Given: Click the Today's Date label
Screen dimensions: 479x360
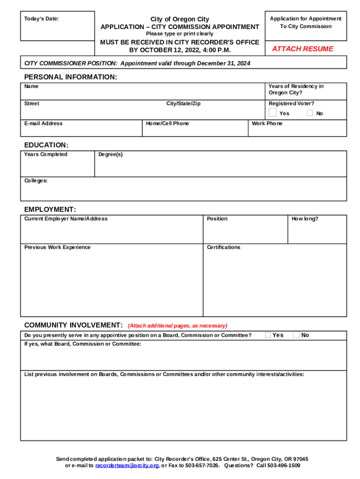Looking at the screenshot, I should (x=42, y=19).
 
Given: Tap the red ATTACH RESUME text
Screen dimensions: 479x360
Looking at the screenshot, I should (x=302, y=49).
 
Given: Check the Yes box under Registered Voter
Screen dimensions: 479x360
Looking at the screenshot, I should (x=273, y=113).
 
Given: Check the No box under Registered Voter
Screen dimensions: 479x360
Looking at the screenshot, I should (x=310, y=113).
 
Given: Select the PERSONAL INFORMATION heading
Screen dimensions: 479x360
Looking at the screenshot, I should (x=71, y=77).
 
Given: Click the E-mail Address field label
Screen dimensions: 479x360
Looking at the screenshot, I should (x=43, y=123).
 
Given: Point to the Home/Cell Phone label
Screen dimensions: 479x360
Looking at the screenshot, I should (x=167, y=123).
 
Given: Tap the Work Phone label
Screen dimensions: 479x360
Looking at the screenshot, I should (x=267, y=123).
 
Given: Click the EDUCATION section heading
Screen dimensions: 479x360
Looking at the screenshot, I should (x=46, y=145).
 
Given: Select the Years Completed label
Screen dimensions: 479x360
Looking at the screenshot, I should (x=46, y=154).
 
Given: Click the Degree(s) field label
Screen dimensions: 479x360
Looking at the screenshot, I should (x=110, y=154).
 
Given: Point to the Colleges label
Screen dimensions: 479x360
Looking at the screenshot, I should (x=36, y=181).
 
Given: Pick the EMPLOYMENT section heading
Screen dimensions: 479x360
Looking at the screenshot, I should (x=50, y=210).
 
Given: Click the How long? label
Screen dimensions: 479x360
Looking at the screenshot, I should (x=305, y=218).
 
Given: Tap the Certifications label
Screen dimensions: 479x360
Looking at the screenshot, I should (x=223, y=247).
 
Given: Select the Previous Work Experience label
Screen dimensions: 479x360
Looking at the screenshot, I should (x=58, y=247).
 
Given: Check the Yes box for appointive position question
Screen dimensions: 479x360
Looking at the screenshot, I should (x=268, y=334).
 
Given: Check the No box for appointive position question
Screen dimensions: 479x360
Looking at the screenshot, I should (x=296, y=334).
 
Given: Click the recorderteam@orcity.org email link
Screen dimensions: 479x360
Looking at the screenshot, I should (x=127, y=466).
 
